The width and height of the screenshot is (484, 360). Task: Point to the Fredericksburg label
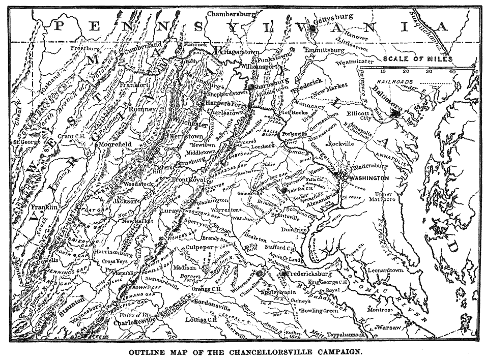(310, 274)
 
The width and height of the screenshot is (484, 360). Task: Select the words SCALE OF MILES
(418, 59)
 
